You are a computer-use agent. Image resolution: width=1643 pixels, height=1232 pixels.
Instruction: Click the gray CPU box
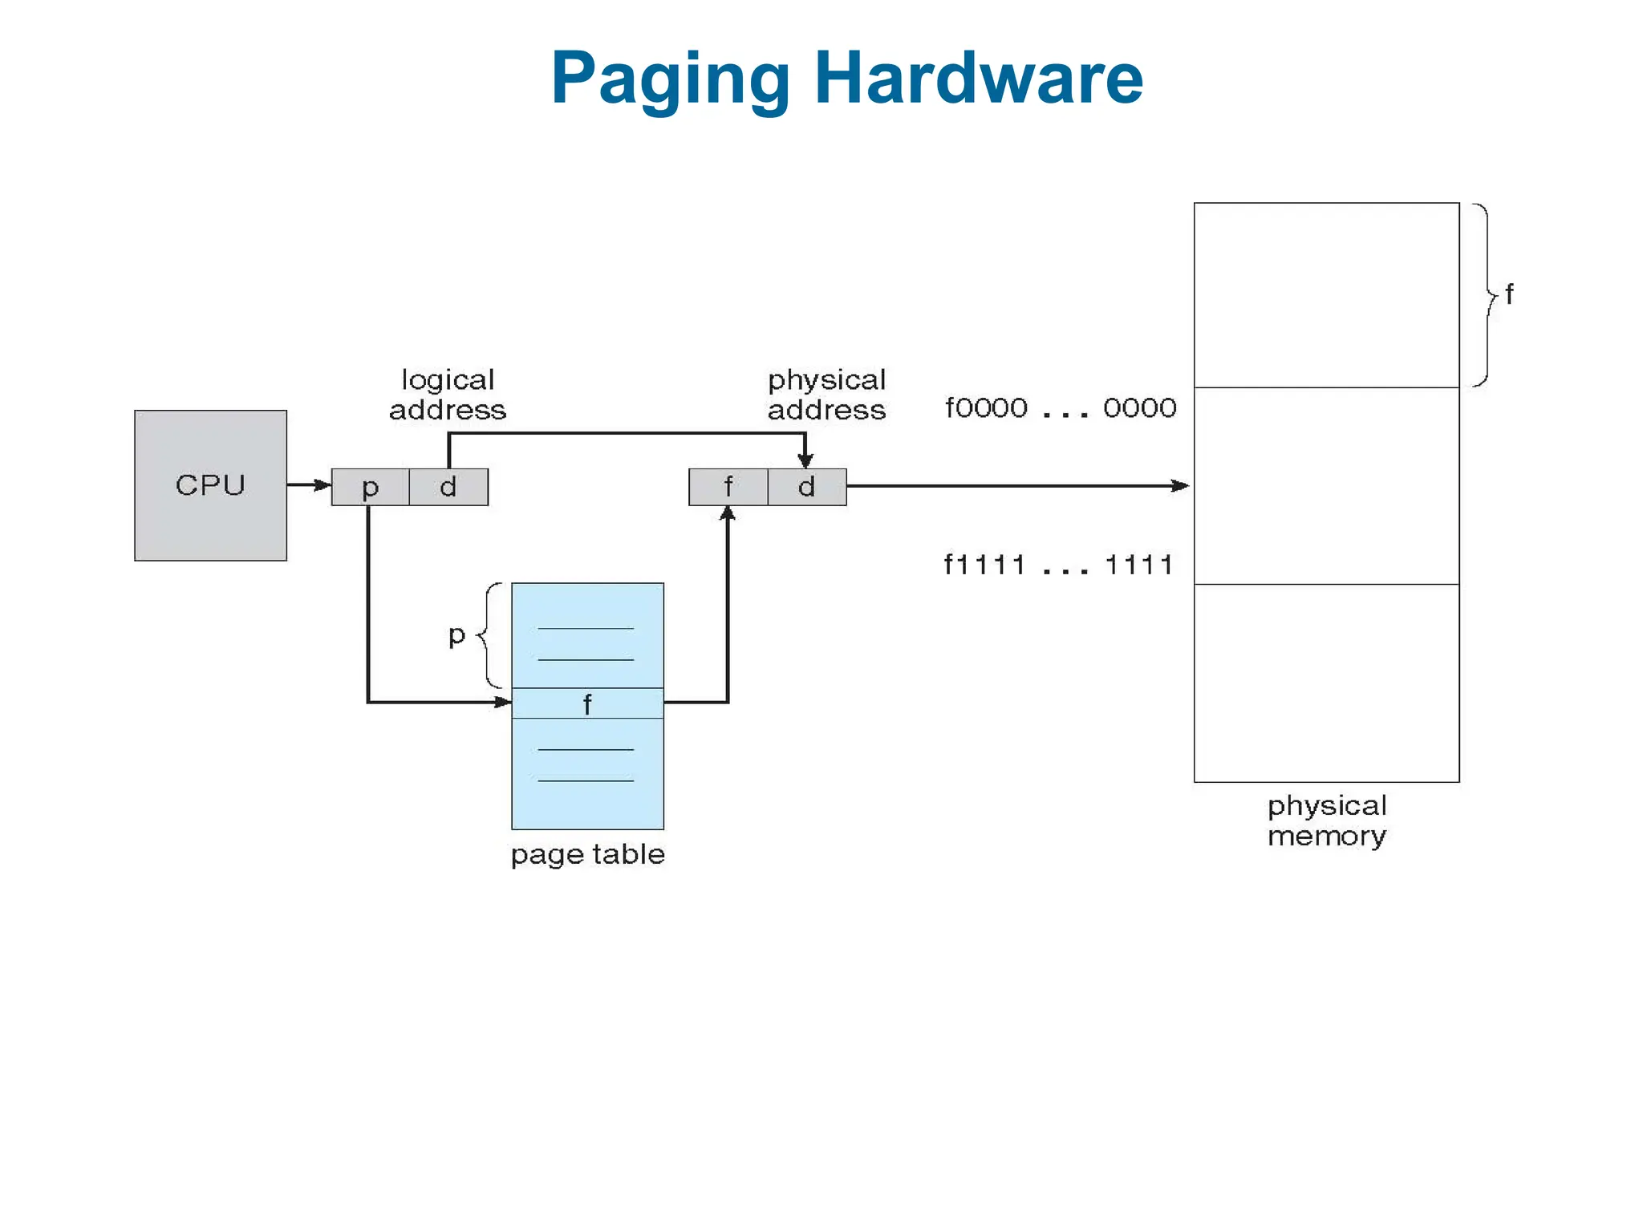pyautogui.click(x=210, y=485)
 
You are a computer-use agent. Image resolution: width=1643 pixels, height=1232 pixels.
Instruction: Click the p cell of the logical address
pyautogui.click(x=370, y=487)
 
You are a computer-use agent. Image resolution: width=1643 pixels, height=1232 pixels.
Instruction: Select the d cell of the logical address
pyautogui.click(x=448, y=487)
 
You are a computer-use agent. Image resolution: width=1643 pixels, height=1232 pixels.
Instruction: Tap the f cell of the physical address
pyautogui.click(x=728, y=487)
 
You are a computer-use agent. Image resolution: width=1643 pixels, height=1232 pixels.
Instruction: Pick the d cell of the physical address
pyautogui.click(x=806, y=487)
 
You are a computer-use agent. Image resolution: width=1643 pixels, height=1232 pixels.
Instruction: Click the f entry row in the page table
pyautogui.click(x=587, y=703)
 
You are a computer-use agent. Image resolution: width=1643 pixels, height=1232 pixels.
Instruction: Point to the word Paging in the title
pyautogui.click(x=671, y=78)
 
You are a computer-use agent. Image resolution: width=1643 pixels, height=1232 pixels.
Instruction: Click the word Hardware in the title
pyautogui.click(x=979, y=78)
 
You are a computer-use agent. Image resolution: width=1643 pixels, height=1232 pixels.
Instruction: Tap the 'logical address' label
pyautogui.click(x=448, y=395)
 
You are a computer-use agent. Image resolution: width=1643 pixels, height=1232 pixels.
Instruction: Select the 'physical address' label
pyautogui.click(x=826, y=395)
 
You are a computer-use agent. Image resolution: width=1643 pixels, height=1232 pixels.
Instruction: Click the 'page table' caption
pyautogui.click(x=588, y=854)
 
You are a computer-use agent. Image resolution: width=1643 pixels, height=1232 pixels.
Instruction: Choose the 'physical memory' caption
pyautogui.click(x=1327, y=821)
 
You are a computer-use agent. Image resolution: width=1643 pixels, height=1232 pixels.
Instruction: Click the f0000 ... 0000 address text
pyautogui.click(x=1061, y=408)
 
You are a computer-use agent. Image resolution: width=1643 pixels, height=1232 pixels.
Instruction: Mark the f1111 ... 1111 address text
pyautogui.click(x=1059, y=565)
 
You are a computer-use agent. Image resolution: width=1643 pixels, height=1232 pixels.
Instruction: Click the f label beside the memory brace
pyautogui.click(x=1509, y=294)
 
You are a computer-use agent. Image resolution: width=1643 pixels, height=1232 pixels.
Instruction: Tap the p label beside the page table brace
pyautogui.click(x=456, y=634)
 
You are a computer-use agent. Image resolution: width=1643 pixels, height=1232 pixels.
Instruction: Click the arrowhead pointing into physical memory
pyautogui.click(x=1180, y=485)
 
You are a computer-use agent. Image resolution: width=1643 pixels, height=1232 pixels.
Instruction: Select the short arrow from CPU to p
pyautogui.click(x=309, y=484)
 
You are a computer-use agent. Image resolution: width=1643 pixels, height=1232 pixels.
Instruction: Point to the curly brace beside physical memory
pyautogui.click(x=1487, y=295)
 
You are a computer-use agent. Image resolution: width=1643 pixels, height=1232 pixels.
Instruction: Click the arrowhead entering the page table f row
pyautogui.click(x=502, y=702)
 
